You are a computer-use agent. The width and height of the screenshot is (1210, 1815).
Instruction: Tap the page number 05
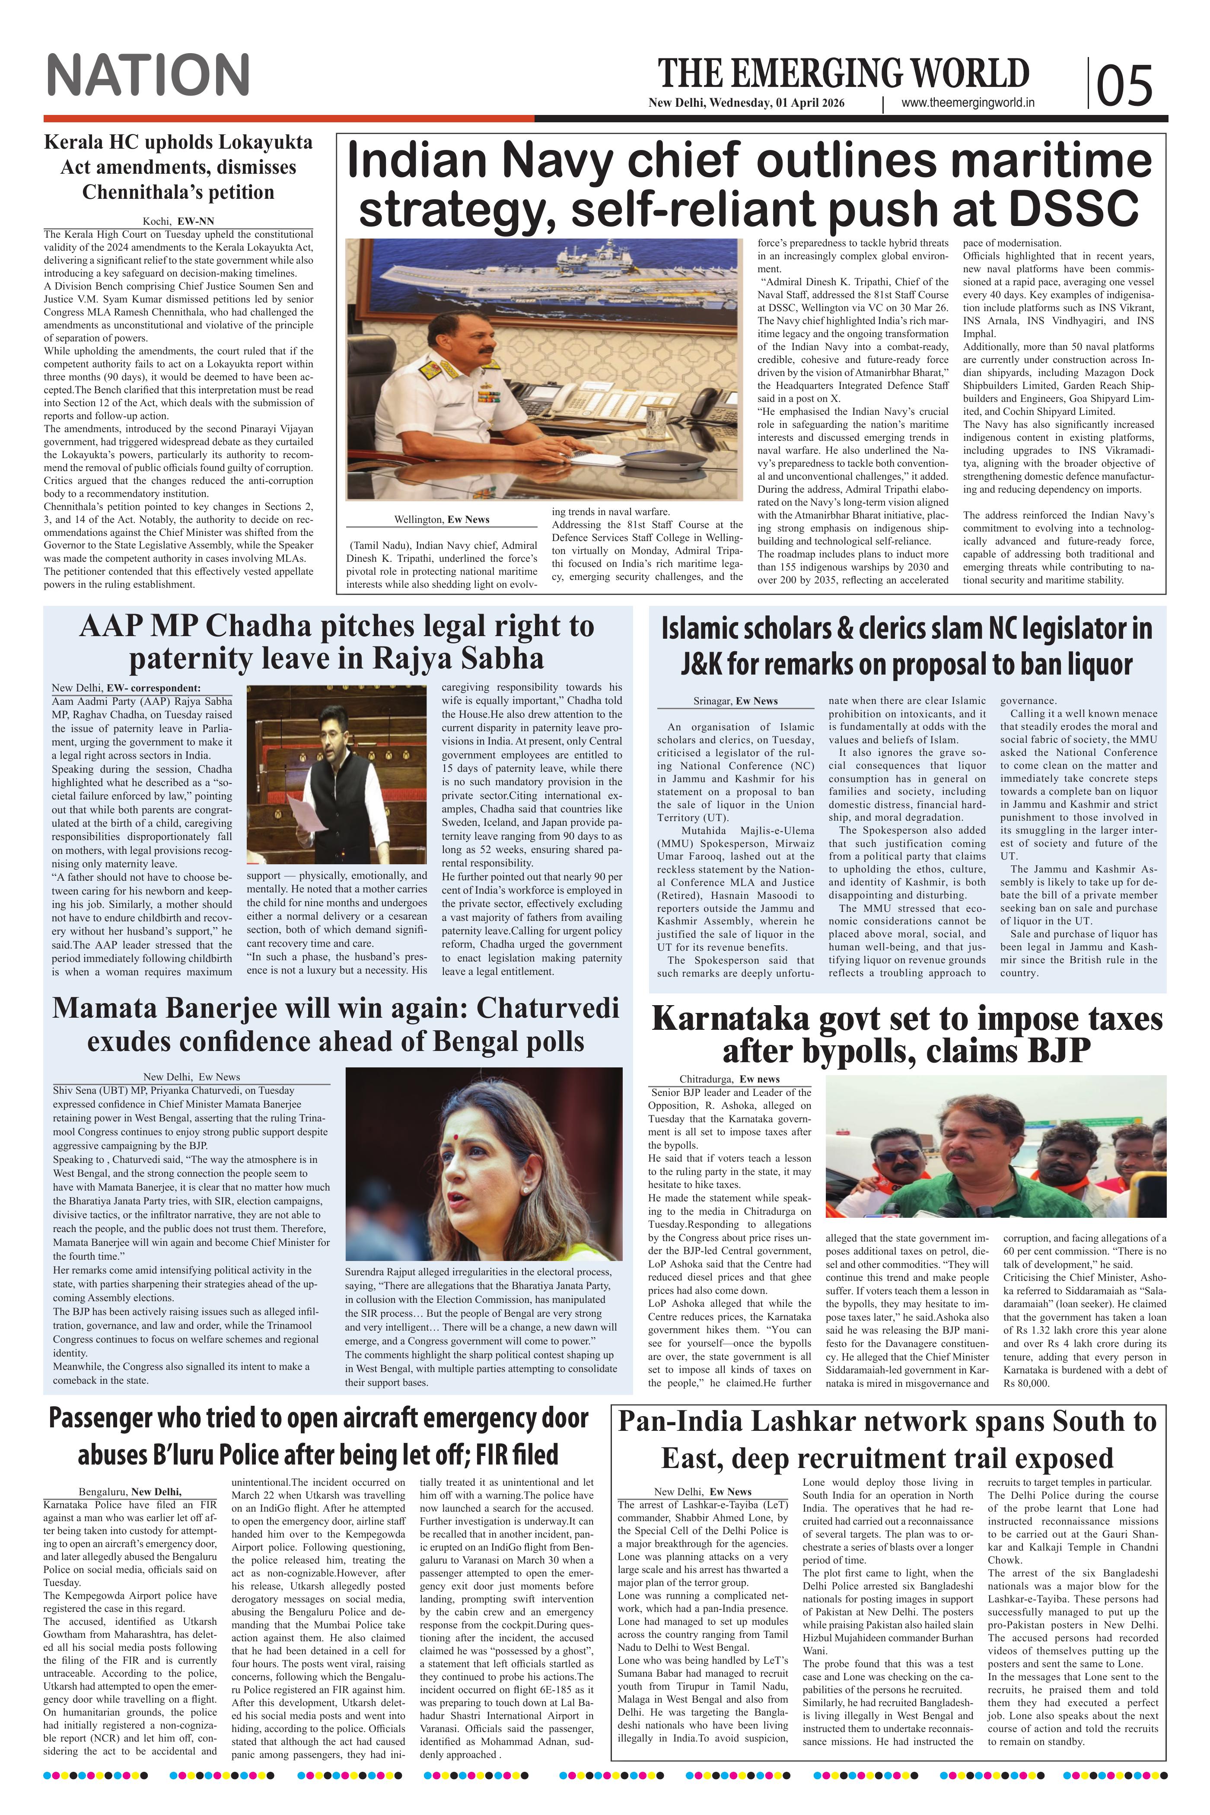pyautogui.click(x=1124, y=85)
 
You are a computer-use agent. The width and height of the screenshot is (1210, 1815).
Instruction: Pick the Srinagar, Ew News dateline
pyautogui.click(x=736, y=701)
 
